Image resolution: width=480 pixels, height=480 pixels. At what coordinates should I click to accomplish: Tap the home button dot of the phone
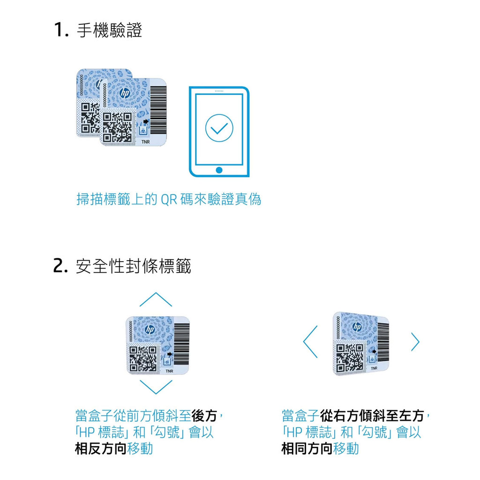219,170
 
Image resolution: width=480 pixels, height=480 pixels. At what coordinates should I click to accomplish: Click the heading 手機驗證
109,30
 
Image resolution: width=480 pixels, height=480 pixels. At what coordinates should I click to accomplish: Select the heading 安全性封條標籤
134,266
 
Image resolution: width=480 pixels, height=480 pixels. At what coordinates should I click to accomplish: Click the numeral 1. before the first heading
61,30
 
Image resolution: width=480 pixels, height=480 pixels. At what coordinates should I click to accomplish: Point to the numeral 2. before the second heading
60,266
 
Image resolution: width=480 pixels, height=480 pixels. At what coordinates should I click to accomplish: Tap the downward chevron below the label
156,388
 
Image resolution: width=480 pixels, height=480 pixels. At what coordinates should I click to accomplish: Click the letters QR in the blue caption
169,200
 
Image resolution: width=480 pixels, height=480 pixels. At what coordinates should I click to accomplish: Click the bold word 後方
204,416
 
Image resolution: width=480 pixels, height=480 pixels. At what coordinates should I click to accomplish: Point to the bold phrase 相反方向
101,449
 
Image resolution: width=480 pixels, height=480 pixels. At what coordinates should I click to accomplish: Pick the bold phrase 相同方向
307,449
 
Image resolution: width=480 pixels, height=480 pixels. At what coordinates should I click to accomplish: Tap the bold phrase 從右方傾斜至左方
372,416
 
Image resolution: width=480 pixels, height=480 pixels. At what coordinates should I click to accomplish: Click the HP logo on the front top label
125,93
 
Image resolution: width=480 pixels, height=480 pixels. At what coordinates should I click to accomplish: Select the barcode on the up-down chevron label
181,344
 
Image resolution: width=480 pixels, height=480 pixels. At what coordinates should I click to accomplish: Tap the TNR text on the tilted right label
374,368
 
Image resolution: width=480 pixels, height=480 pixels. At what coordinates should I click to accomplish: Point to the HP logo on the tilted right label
357,327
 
